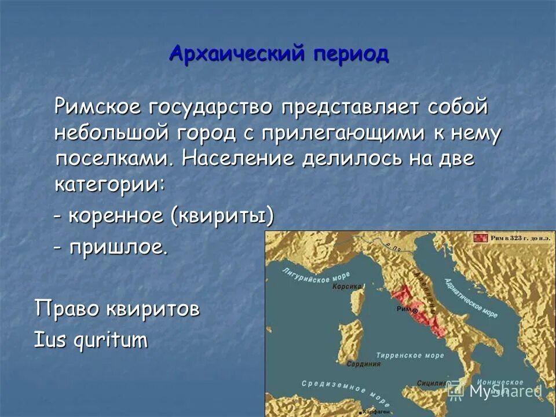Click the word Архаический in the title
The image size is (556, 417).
[237, 54]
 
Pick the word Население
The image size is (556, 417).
[237, 159]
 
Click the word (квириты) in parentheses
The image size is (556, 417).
[221, 217]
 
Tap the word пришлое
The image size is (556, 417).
[119, 248]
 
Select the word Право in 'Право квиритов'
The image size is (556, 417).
[67, 309]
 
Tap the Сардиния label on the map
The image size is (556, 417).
[364, 364]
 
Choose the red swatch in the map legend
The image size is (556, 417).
[480, 237]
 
